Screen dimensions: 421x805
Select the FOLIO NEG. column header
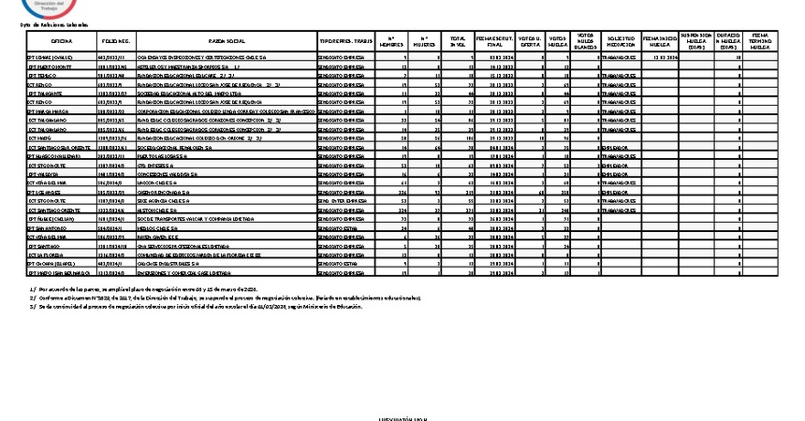point(116,42)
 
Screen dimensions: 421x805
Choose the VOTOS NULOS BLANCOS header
point(585,41)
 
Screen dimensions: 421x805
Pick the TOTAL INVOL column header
point(458,42)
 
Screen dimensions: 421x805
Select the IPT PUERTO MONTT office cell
point(51,68)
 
